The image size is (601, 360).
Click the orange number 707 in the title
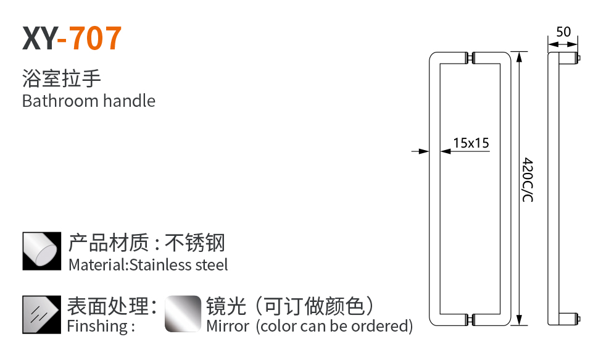pos(95,38)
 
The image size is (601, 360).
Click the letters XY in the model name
pos(38,38)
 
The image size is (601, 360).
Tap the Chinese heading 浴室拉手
pos(61,78)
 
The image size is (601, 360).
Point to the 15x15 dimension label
pos(470,143)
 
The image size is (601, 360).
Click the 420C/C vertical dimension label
pos(528,180)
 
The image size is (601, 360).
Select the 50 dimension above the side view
pos(563,32)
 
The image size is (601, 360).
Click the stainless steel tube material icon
pos(42,251)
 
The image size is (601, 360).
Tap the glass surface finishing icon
pos(42,314)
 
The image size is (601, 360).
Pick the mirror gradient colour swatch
pos(183,314)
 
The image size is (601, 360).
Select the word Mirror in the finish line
pos(228,326)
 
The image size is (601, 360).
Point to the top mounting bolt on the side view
pos(578,59)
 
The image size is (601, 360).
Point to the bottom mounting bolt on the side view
pos(578,319)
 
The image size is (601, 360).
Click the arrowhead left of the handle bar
pos(423,150)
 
